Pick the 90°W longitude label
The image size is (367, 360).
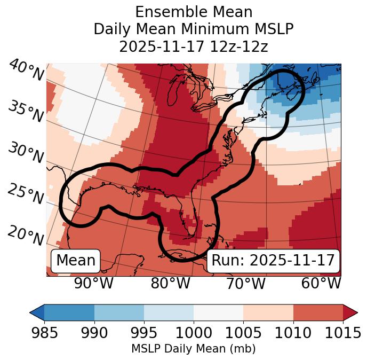point(93,283)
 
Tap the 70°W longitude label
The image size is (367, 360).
point(245,283)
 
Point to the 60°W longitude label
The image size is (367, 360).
point(321,283)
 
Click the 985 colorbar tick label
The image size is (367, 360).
point(44,333)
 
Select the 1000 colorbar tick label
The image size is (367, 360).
point(194,333)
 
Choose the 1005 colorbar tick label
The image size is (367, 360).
point(243,333)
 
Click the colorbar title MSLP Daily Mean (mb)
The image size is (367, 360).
point(193,349)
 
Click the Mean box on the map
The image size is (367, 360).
point(76,261)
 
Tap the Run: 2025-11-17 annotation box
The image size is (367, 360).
point(273,261)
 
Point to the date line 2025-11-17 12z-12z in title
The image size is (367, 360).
point(193,46)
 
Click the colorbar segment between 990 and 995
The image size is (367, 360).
point(119,312)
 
